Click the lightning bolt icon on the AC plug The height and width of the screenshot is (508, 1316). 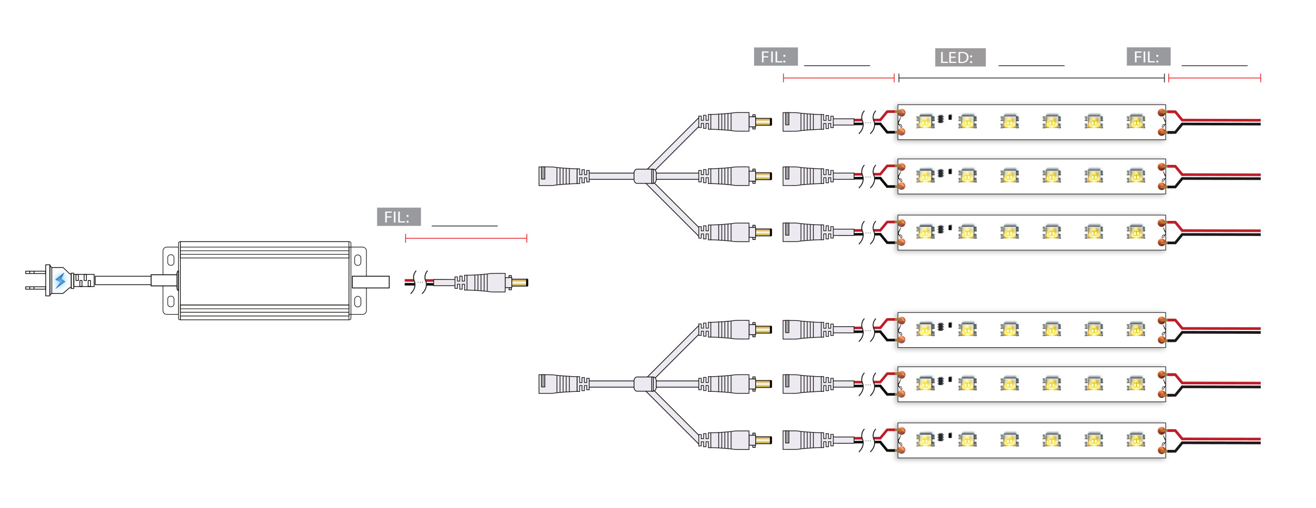click(x=60, y=281)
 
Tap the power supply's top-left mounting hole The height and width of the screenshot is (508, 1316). click(x=170, y=260)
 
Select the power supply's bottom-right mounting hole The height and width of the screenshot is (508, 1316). click(x=358, y=301)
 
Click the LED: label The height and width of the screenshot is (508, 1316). click(x=959, y=58)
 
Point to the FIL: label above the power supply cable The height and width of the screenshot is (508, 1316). click(x=398, y=217)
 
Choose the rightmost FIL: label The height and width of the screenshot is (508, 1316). click(x=1148, y=57)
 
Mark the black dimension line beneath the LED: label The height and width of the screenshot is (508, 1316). click(x=1032, y=78)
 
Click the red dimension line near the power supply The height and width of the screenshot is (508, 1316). click(x=466, y=238)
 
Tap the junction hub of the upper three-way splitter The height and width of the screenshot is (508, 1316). click(x=645, y=176)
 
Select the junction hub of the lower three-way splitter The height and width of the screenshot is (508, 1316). click(x=645, y=384)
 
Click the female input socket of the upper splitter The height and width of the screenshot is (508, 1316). click(x=559, y=176)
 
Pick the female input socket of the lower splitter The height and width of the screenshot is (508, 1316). click(x=559, y=384)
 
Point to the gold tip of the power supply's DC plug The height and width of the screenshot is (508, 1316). click(x=520, y=282)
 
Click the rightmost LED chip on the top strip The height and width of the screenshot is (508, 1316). click(x=1135, y=122)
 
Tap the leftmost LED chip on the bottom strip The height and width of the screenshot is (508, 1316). click(x=925, y=440)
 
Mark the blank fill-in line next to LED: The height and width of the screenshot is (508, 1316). click(x=1031, y=65)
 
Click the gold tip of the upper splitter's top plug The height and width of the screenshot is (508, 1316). click(x=763, y=122)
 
